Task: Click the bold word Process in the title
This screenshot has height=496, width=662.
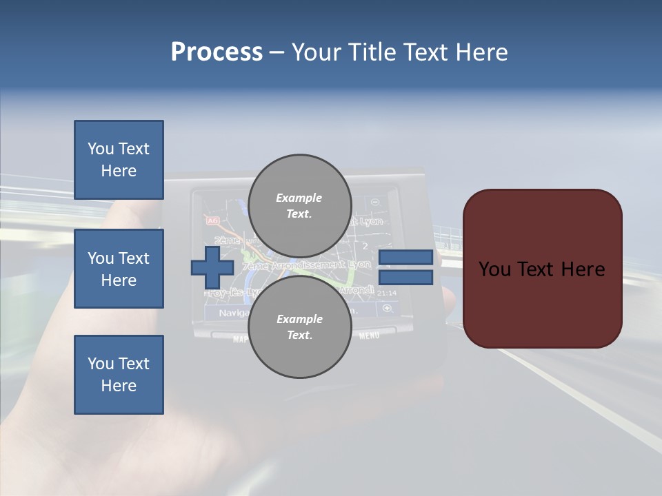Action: click(217, 52)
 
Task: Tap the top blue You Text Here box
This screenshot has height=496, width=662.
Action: click(119, 160)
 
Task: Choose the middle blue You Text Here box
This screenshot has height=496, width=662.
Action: click(119, 269)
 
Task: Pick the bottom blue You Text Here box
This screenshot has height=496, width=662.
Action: click(119, 375)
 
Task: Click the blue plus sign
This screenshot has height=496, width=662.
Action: click(212, 268)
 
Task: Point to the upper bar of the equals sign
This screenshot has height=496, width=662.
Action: click(405, 257)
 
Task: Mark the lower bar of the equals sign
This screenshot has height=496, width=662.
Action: click(405, 278)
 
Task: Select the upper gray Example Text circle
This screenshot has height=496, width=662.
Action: click(299, 206)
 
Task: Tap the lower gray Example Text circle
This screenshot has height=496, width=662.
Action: click(299, 327)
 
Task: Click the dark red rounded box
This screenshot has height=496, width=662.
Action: click(542, 269)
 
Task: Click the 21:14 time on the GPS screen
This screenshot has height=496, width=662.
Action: click(388, 293)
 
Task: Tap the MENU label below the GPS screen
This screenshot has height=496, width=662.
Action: click(369, 336)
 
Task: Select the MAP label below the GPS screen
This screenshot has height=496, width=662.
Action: click(240, 339)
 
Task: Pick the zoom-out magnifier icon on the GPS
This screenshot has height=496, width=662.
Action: click(375, 203)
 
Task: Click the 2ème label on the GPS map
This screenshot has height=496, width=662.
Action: click(228, 240)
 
